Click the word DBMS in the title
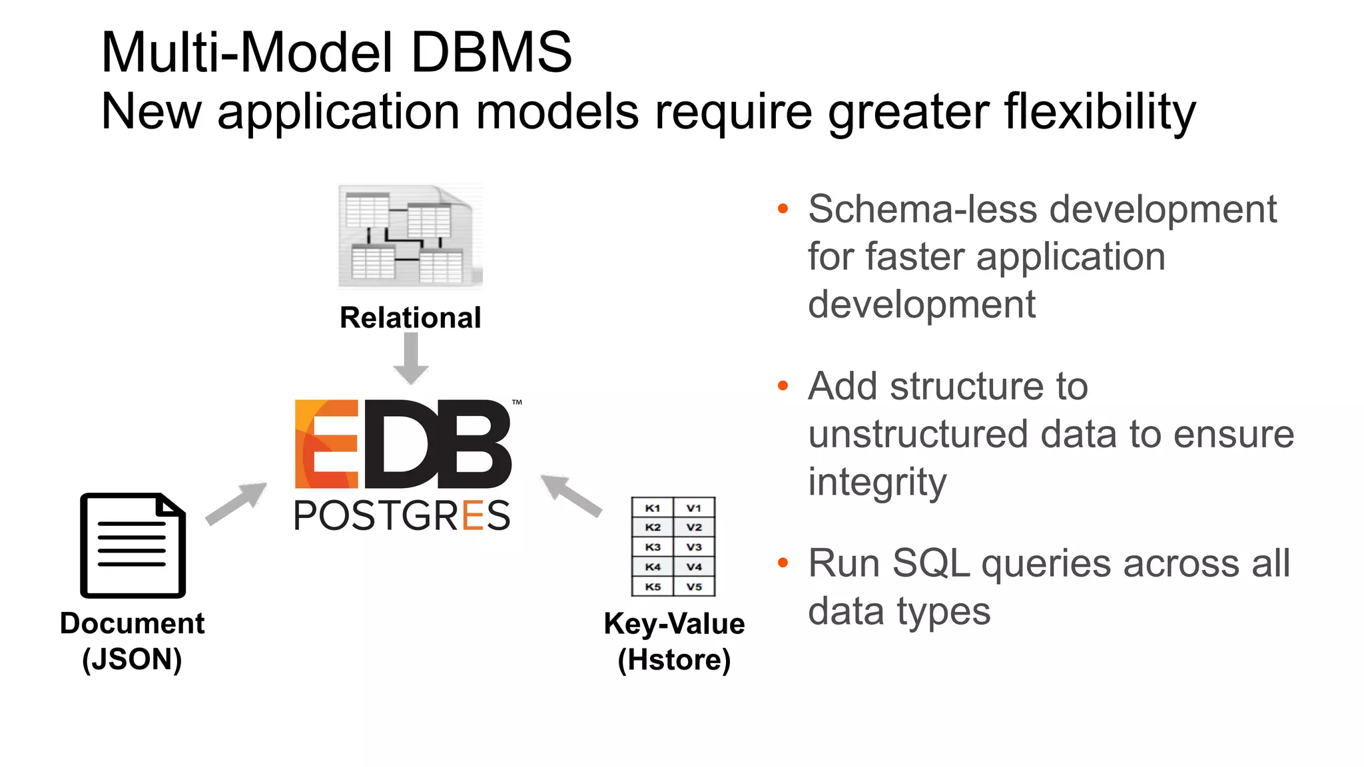coord(491,53)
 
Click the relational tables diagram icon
coord(410,236)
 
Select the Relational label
coord(410,318)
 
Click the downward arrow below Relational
coord(411,359)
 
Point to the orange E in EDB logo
coord(326,444)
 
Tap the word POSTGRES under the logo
coord(402,516)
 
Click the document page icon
coord(133,545)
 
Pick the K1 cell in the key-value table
coord(653,508)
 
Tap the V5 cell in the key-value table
coord(694,587)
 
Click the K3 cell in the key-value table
coord(653,547)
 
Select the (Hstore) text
coord(674,660)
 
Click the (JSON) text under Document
coord(132,660)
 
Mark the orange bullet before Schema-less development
coord(783,209)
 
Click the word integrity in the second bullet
coord(876,482)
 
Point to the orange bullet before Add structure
coord(783,386)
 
